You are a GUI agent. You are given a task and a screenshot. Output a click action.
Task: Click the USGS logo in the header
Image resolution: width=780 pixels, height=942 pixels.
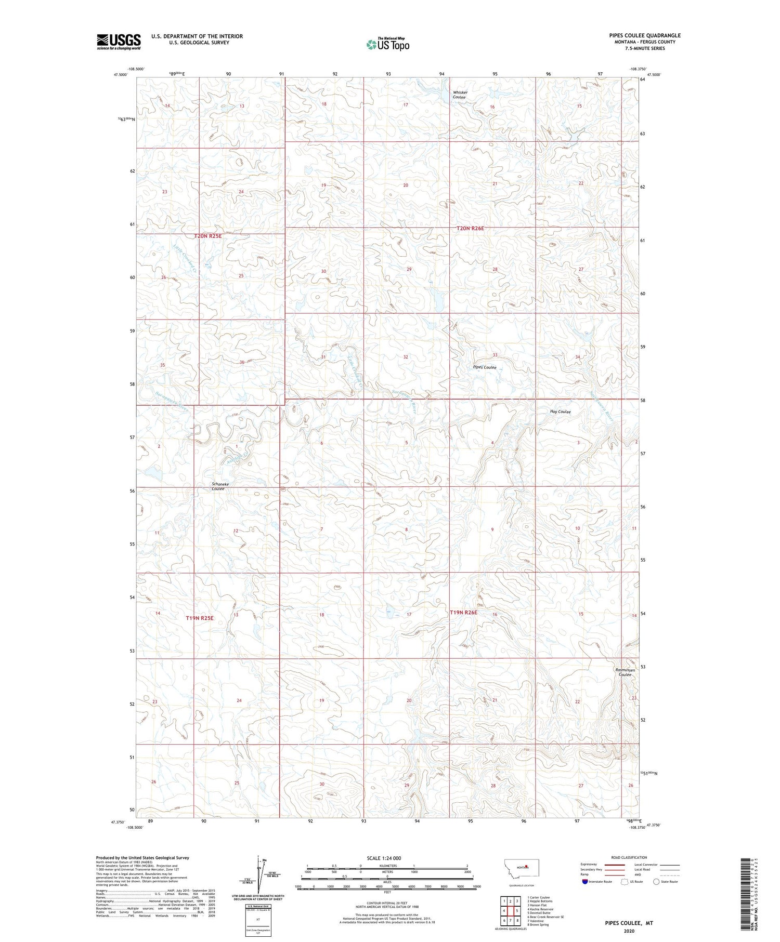119,42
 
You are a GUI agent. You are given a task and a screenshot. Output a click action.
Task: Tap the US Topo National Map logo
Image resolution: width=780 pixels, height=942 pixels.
387,45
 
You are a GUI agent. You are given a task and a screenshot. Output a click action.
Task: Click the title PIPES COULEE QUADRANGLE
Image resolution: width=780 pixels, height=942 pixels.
645,35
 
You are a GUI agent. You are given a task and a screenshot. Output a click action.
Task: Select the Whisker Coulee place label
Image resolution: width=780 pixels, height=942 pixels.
460,95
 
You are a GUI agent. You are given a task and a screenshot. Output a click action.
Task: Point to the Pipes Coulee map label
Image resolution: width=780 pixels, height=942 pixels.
484,367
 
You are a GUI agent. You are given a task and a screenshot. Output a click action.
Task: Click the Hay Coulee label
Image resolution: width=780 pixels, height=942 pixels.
560,412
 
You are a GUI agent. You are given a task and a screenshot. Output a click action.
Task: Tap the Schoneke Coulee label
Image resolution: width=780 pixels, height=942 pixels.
220,486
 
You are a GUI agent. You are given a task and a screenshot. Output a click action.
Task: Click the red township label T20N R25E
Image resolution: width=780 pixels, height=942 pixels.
208,236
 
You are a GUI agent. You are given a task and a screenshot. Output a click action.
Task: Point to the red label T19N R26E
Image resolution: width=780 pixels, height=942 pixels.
463,613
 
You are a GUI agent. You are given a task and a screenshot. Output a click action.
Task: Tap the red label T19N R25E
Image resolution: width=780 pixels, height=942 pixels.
200,618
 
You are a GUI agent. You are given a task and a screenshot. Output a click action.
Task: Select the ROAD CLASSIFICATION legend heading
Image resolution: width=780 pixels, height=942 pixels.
629,857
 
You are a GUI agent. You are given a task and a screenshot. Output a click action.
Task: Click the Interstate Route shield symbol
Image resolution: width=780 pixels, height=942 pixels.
585,881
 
